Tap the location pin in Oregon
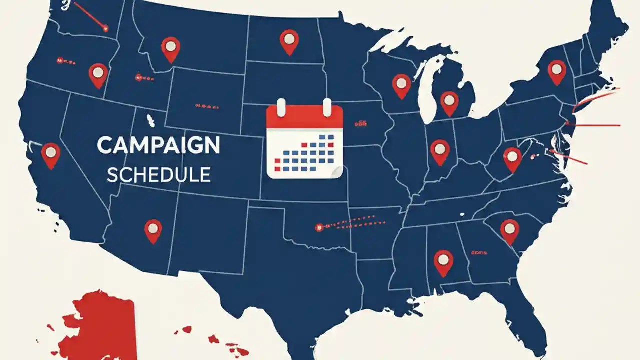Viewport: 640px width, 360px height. pos(98,74)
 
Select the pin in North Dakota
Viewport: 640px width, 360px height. pos(289,40)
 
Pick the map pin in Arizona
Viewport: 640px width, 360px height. pos(153,230)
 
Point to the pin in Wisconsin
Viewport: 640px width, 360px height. pos(401,84)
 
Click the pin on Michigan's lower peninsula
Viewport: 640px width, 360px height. pos(449,102)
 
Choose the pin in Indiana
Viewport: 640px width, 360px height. pos(439,150)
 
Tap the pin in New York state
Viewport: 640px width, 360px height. pos(556,70)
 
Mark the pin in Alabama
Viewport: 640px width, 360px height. pos(443,261)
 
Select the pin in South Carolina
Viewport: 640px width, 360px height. pos(509,230)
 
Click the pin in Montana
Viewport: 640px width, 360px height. pos(170,48)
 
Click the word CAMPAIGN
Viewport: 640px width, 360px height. pos(158,145)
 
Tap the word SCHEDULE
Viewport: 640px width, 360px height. pos(158,174)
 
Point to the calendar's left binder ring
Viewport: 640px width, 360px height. pos(281,107)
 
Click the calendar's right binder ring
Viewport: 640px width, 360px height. pos(327,107)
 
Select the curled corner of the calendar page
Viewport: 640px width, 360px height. pos(337,172)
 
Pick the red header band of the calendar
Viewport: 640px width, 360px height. pos(304,118)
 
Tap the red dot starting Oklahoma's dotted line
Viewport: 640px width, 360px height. pos(318,228)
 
